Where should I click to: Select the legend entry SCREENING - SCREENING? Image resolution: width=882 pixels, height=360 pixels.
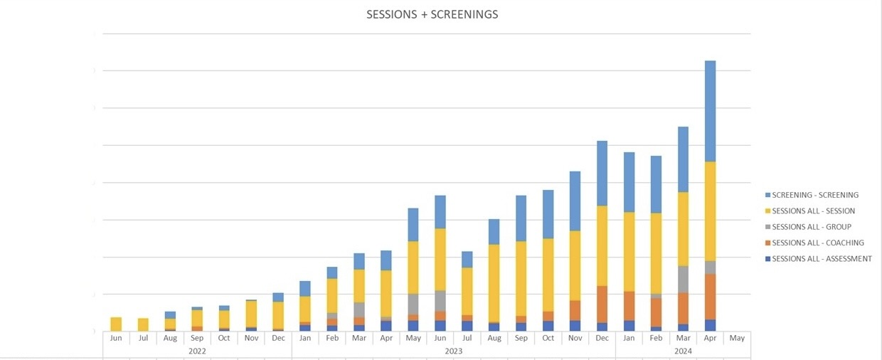click(815, 195)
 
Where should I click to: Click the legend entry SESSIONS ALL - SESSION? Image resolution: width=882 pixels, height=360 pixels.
click(813, 211)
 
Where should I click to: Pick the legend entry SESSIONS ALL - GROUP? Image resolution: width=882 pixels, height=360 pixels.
click(812, 227)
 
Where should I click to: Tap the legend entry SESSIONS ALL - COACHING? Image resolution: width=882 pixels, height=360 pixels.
click(818, 243)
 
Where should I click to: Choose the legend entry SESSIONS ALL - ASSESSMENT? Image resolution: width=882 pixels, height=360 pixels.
click(822, 259)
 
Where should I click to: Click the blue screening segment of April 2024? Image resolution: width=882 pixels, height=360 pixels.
click(710, 111)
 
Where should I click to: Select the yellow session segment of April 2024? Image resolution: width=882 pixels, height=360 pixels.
click(710, 211)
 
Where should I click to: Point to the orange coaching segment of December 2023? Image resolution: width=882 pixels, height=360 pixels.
click(602, 305)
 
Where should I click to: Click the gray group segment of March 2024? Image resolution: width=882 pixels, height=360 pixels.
click(683, 279)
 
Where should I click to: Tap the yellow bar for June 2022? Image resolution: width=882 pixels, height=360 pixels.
click(116, 324)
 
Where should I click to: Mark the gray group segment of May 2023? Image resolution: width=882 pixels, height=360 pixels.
click(413, 304)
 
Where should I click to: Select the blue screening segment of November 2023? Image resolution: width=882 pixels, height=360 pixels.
click(575, 201)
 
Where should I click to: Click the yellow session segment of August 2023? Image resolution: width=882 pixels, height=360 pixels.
click(494, 283)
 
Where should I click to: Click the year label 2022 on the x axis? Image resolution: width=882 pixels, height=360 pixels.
click(197, 351)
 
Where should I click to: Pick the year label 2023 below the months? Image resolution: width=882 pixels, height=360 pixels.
click(453, 351)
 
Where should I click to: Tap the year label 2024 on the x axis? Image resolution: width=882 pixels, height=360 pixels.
click(683, 351)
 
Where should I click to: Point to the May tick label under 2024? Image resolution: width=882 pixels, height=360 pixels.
click(737, 338)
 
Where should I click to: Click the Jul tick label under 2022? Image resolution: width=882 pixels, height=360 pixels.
click(143, 338)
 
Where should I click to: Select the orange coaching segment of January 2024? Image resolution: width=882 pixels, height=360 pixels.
click(629, 306)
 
